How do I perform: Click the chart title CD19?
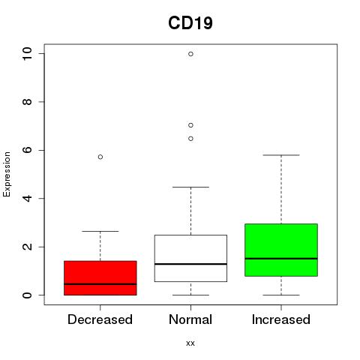[190, 23]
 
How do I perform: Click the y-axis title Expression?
[7, 174]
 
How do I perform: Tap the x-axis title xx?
[190, 343]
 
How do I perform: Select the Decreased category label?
[100, 319]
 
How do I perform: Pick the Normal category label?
[190, 319]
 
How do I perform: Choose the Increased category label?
[281, 319]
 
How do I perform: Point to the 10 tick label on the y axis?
[27, 53]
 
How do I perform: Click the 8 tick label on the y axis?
[27, 102]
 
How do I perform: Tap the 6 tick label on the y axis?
[27, 150]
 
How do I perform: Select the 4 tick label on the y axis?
[27, 199]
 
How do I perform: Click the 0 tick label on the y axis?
[27, 295]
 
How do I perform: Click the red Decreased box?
[100, 278]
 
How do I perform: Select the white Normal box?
[190, 258]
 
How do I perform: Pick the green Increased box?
[281, 250]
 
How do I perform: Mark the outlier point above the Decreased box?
[100, 157]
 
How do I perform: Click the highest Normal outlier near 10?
[190, 54]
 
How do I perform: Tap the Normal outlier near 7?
[190, 125]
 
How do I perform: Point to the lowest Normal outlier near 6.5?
[190, 139]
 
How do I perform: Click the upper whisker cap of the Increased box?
[281, 155]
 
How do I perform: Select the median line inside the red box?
[100, 284]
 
